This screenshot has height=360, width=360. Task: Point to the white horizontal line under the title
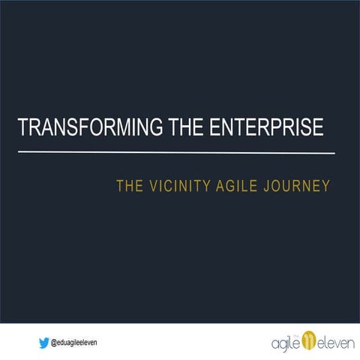tap(176, 152)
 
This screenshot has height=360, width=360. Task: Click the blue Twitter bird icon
tap(44, 341)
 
